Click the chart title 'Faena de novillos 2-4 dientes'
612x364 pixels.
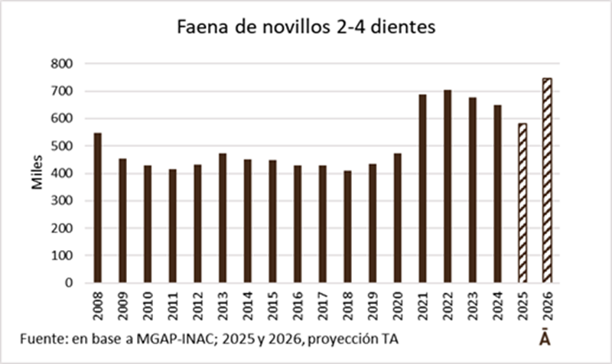305,28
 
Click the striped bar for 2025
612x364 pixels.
522,203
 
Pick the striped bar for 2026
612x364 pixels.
547,180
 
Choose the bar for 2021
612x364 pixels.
422,188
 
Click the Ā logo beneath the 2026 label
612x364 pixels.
545,338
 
